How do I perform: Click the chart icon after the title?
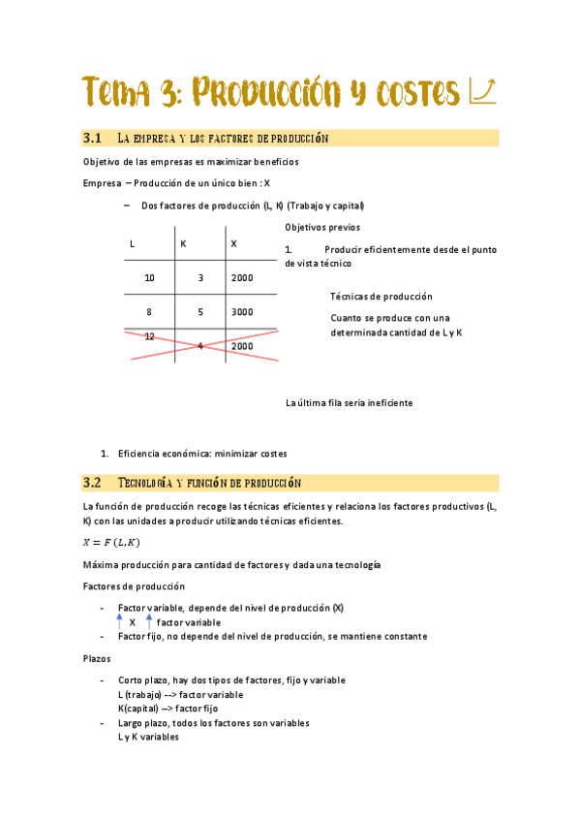click(482, 92)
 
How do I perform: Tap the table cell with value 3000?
click(242, 312)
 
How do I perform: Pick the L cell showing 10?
click(149, 278)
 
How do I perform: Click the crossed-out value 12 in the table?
click(149, 336)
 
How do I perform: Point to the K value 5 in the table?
click(200, 312)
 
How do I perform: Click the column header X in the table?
click(233, 243)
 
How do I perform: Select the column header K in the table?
click(183, 243)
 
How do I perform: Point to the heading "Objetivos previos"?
click(322, 227)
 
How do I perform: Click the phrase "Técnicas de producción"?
click(381, 297)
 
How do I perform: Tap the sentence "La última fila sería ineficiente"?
click(349, 402)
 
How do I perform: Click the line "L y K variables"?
click(148, 737)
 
